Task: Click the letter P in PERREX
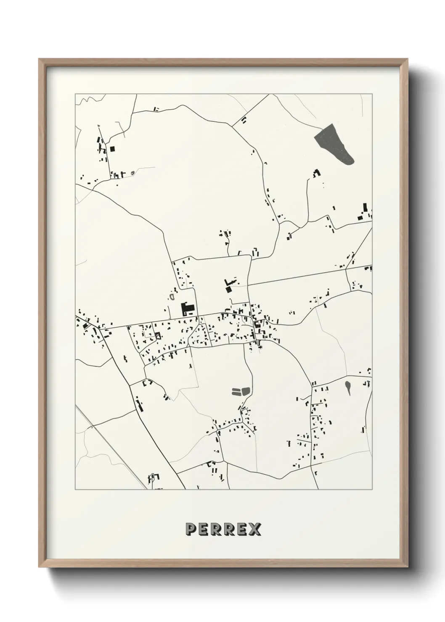point(190,530)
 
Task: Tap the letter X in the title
point(254,530)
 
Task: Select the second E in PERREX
point(242,530)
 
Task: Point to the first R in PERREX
point(216,530)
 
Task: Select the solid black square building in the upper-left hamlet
point(112,148)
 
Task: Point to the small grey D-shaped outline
point(172,296)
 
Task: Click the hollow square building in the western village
point(158,335)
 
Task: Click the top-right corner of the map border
point(373,94)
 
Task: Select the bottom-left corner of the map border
point(75,490)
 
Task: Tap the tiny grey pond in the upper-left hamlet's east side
point(133,173)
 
